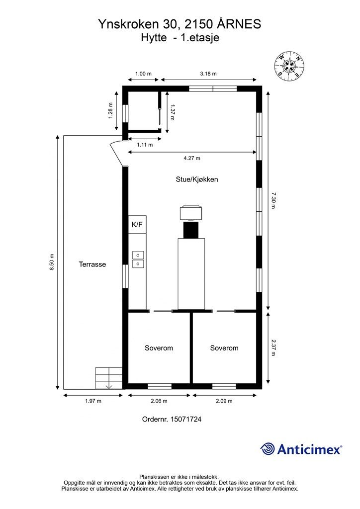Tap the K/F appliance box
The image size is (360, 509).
click(137, 225)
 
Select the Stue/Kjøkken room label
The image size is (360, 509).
click(197, 179)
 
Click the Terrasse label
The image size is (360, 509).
click(92, 264)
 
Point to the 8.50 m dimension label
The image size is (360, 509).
click(52, 262)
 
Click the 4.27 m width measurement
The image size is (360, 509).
click(192, 159)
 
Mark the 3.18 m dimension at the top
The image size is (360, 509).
click(208, 74)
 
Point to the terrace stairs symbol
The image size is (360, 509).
click(109, 378)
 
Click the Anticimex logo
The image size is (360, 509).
click(301, 449)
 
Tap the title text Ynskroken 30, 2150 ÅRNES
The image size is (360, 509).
click(180, 23)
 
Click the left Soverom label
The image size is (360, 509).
click(159, 348)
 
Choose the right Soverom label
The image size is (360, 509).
click(224, 348)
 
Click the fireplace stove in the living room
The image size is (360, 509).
click(191, 213)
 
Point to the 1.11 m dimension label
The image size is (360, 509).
click(144, 145)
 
